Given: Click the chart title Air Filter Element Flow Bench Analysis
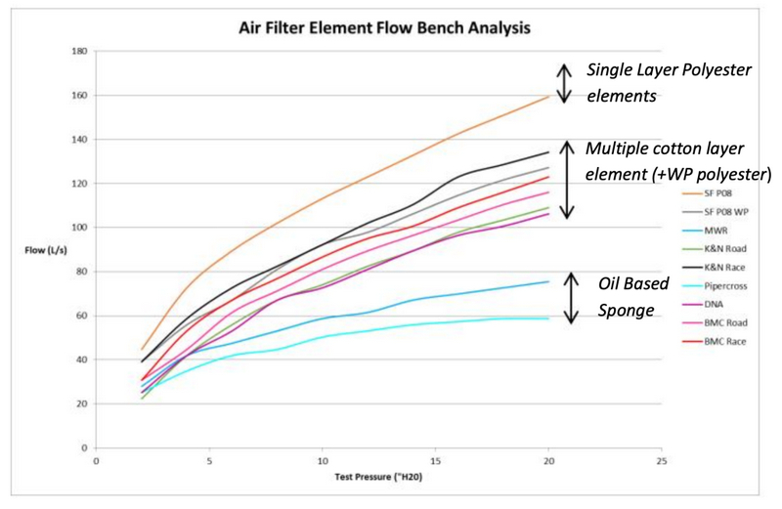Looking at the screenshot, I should pyautogui.click(x=386, y=28).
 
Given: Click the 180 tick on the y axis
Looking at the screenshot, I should pyautogui.click(x=81, y=52).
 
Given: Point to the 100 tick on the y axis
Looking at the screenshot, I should pyautogui.click(x=81, y=228).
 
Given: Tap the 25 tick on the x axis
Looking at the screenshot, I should pyautogui.click(x=662, y=460).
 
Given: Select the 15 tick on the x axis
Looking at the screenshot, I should pyautogui.click(x=435, y=460).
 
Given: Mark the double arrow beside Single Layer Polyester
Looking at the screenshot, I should pyautogui.click(x=563, y=83).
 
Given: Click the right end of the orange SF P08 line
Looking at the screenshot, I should pyautogui.click(x=548, y=96).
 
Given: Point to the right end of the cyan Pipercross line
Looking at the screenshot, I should pyautogui.click(x=548, y=318).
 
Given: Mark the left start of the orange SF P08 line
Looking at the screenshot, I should pyautogui.click(x=142, y=349).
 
